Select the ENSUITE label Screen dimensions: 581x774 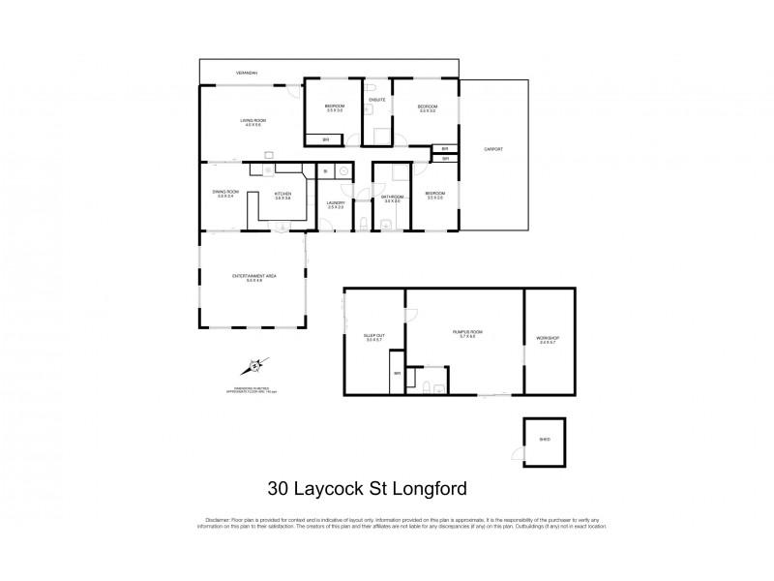click(x=377, y=100)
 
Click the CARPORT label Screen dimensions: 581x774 click(x=493, y=149)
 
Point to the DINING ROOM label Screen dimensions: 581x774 click(x=224, y=193)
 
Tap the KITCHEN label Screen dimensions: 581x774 click(x=283, y=195)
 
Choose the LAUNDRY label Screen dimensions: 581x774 click(x=336, y=203)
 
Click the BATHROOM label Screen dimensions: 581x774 click(x=391, y=199)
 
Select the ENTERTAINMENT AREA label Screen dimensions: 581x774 click(x=254, y=277)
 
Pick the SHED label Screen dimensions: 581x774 click(x=544, y=439)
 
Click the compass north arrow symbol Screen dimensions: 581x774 click(x=254, y=366)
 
